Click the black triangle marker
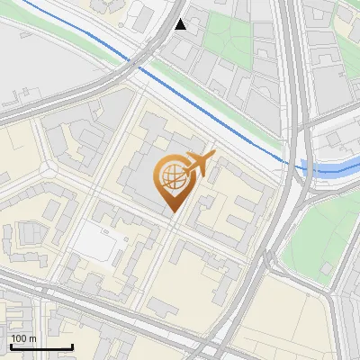181,24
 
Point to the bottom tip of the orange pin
171,213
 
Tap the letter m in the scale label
34,338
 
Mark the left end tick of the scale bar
11,346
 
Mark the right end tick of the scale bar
72,346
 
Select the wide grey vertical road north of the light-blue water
290,72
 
